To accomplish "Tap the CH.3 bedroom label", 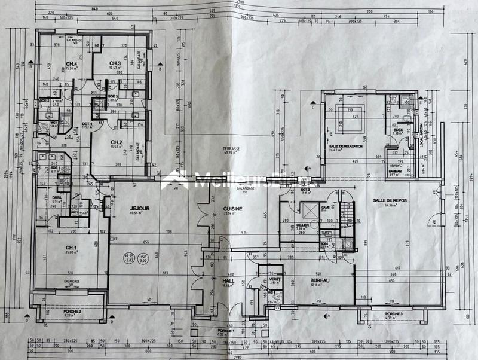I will click(x=115, y=64).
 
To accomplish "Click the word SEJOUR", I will click(x=139, y=209).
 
